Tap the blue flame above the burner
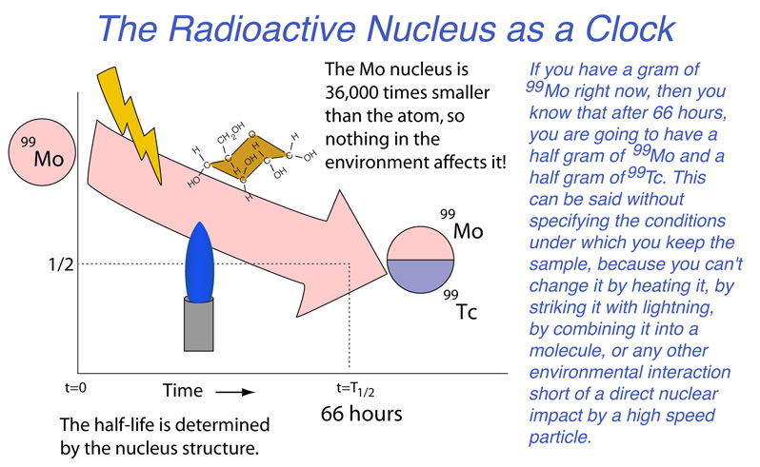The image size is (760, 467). click(199, 263)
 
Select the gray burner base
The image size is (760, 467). click(199, 323)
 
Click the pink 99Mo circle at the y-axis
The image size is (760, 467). click(42, 152)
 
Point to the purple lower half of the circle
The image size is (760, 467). click(421, 275)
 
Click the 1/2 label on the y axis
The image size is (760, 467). click(61, 264)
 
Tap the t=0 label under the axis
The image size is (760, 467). click(75, 388)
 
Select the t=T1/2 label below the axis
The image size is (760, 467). click(355, 389)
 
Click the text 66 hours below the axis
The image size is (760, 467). click(362, 414)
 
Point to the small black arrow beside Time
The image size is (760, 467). click(235, 392)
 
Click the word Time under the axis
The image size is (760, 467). click(183, 391)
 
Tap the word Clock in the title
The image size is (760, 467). click(630, 29)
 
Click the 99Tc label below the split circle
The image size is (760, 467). click(460, 306)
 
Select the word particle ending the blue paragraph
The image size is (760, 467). click(560, 437)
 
